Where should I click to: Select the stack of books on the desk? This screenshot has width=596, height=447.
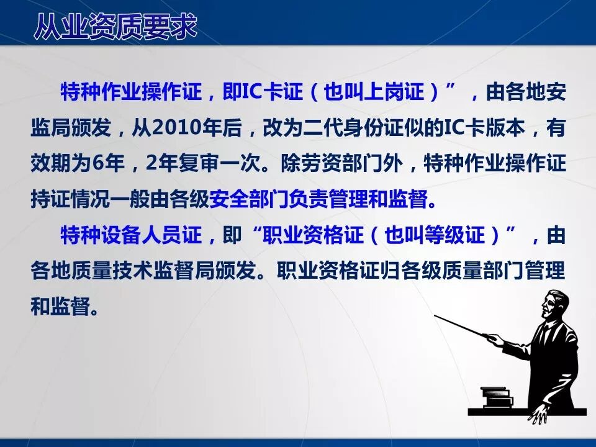[x=497, y=397]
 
